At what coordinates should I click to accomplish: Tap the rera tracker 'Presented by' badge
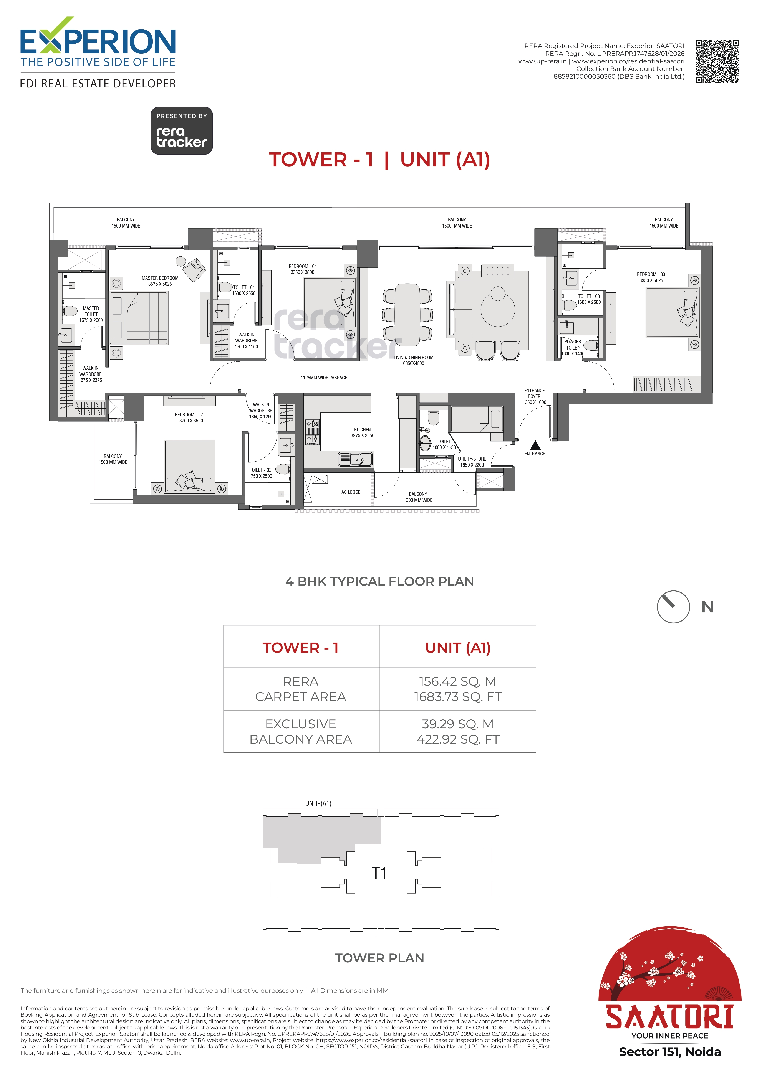tap(182, 131)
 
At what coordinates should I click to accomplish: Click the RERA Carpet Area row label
tap(301, 689)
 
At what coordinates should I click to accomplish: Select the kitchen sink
tap(356, 459)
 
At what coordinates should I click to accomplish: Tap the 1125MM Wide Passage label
tap(324, 378)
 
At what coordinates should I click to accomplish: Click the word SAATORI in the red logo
tap(669, 1017)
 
